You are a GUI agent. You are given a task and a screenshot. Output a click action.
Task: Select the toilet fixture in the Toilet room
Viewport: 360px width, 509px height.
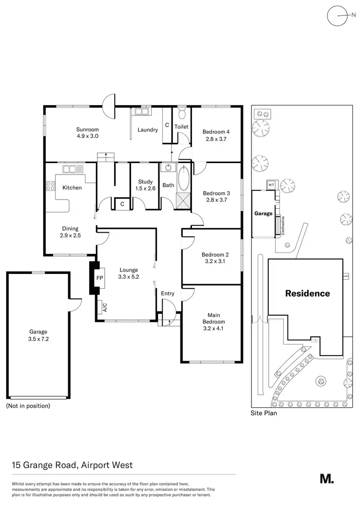click(181, 114)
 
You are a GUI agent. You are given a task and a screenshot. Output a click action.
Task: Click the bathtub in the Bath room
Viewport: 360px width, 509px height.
click(183, 179)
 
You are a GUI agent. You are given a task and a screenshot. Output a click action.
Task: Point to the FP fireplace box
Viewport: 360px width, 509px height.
click(100, 278)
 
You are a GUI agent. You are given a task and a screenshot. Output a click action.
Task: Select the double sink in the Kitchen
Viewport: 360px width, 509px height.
click(72, 169)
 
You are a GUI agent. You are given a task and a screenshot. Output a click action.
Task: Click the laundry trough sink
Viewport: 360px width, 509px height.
click(142, 112)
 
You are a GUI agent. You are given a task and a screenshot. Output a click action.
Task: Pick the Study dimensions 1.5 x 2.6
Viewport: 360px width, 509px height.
click(145, 189)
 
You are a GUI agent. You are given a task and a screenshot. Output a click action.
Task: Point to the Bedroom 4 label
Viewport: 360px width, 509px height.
click(216, 132)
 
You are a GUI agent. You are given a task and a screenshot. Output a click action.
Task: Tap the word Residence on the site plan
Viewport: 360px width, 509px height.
click(308, 293)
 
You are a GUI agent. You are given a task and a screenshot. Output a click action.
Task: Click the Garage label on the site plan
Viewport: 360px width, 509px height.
click(263, 213)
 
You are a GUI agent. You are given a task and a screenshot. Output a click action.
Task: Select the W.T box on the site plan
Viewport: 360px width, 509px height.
click(271, 184)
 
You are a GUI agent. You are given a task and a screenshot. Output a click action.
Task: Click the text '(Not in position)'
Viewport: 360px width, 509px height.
click(28, 406)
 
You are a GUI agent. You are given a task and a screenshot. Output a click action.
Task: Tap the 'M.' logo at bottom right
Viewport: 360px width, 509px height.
click(326, 478)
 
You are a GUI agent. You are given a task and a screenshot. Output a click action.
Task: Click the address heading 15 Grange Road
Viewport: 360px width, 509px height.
click(72, 465)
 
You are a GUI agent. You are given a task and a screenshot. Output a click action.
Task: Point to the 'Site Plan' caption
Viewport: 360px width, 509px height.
click(264, 413)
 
